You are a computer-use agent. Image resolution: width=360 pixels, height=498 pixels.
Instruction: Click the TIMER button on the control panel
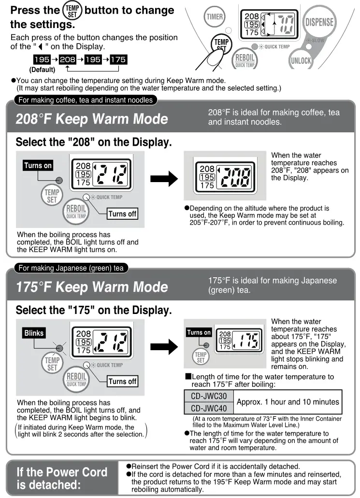(x=215, y=17)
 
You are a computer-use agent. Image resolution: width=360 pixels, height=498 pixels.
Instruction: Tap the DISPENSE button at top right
(x=319, y=22)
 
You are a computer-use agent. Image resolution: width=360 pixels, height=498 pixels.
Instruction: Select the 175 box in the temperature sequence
(x=118, y=59)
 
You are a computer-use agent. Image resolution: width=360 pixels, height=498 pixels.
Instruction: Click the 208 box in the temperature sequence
(x=67, y=59)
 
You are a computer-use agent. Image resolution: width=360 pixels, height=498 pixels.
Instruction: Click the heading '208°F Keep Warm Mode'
(x=92, y=119)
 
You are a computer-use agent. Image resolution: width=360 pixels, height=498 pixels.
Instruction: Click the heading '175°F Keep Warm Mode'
(x=92, y=287)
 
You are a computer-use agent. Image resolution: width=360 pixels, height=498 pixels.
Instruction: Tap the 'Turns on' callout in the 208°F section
(x=38, y=166)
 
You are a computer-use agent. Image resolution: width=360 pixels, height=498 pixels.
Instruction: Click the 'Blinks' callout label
(x=34, y=333)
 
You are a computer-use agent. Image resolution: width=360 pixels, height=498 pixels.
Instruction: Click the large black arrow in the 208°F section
(x=164, y=179)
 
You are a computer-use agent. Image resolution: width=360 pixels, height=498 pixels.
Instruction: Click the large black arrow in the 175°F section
(x=164, y=346)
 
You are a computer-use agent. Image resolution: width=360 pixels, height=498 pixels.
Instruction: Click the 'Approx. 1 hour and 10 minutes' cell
(x=287, y=402)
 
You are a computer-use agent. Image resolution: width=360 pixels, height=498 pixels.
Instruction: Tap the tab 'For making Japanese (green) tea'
(x=71, y=268)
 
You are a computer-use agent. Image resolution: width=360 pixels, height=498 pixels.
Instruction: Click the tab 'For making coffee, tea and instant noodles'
(x=85, y=100)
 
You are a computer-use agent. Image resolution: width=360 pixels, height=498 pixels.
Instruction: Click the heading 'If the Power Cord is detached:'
(x=62, y=478)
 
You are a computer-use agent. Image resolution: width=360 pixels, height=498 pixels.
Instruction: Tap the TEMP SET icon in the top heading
(x=71, y=11)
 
